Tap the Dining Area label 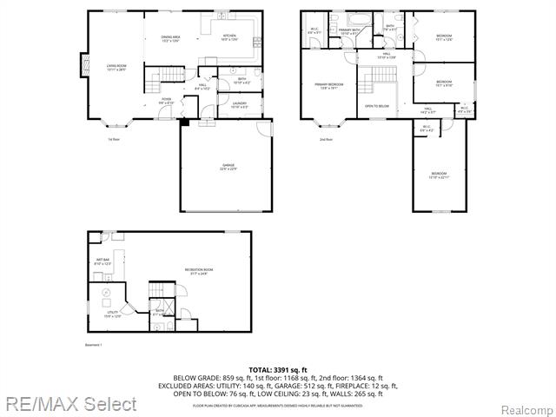click(170, 38)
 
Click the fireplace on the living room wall click(85, 66)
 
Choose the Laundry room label click(239, 105)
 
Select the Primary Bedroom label click(328, 86)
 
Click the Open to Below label click(376, 106)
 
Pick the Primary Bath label click(350, 31)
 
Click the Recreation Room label click(199, 272)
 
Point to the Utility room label click(112, 314)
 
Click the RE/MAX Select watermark click(69, 404)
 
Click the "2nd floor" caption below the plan click(326, 139)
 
